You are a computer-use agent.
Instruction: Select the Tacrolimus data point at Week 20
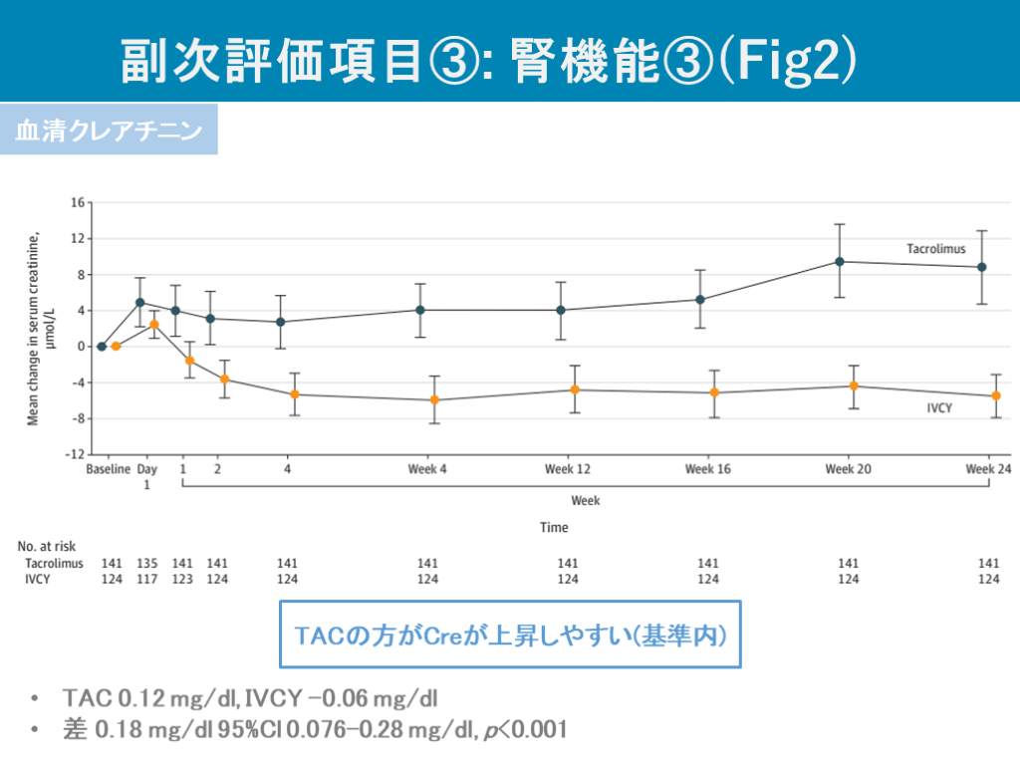click(x=840, y=262)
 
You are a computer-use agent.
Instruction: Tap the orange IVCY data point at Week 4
click(x=434, y=399)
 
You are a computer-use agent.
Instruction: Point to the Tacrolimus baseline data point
click(x=102, y=347)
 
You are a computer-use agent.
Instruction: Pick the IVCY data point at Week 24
click(x=996, y=395)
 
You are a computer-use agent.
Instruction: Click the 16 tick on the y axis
click(x=77, y=203)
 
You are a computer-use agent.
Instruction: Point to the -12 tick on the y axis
click(x=75, y=455)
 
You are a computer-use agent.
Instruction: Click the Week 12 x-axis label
click(x=568, y=469)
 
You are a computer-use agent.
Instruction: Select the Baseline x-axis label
click(x=109, y=469)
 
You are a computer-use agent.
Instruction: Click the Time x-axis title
click(x=554, y=528)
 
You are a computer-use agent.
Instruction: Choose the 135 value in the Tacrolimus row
click(x=146, y=564)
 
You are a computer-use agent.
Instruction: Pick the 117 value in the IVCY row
click(x=146, y=579)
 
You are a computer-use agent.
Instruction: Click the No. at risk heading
click(x=47, y=547)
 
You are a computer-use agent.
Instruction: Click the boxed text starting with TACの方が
click(x=510, y=635)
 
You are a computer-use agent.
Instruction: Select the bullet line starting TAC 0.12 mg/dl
click(x=249, y=696)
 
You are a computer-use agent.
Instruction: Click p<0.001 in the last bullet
click(x=525, y=730)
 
